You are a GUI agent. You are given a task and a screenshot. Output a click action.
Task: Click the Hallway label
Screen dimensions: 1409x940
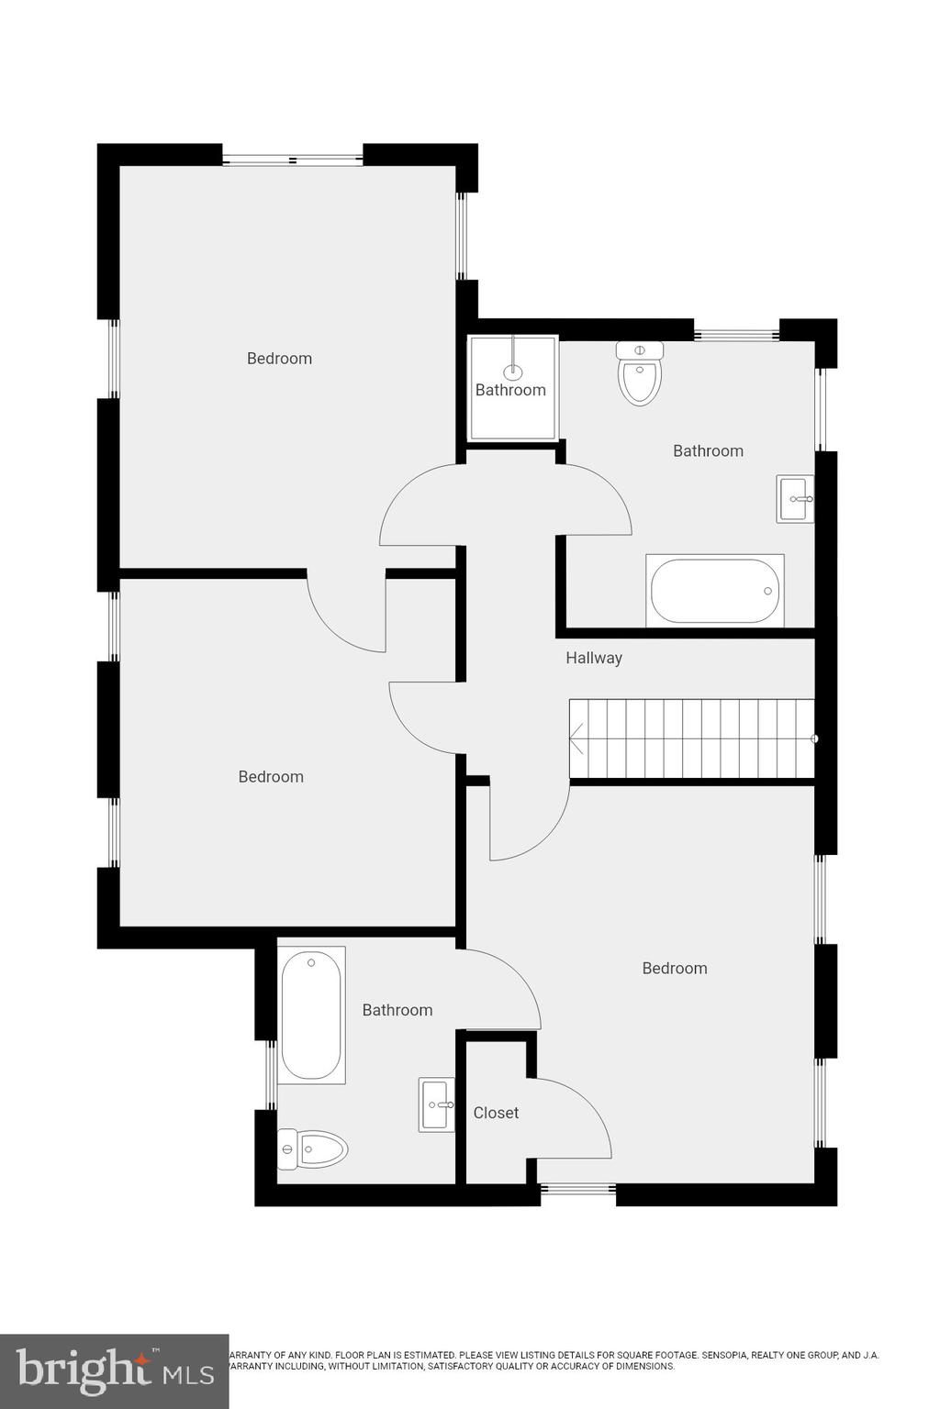[x=593, y=658]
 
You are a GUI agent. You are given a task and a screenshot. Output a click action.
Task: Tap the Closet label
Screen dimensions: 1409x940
[x=496, y=1113]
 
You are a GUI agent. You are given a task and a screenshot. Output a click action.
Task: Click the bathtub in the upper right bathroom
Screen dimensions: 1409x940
[x=715, y=591]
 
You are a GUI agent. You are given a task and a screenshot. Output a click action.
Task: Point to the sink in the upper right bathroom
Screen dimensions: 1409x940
[x=795, y=499]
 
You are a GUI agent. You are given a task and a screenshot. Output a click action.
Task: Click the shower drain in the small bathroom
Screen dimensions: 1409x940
[x=513, y=372]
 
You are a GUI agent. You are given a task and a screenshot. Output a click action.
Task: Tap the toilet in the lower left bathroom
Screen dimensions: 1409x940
[x=313, y=1148]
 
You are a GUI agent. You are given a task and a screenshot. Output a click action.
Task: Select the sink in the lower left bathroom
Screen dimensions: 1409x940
[x=437, y=1104]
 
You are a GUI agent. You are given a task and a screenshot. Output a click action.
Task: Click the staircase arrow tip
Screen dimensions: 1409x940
[x=574, y=737]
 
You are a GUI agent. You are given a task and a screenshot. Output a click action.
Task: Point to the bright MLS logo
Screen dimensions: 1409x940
[x=114, y=1370]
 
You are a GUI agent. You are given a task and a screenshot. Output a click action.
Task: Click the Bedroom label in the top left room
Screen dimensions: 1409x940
[x=279, y=359]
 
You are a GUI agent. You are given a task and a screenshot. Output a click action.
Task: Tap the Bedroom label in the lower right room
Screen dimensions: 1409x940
[x=674, y=969]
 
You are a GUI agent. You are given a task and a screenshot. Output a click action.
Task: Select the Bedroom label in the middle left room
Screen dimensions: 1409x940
[x=271, y=777]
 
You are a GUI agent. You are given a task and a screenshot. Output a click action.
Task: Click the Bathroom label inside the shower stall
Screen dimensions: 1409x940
[x=510, y=390]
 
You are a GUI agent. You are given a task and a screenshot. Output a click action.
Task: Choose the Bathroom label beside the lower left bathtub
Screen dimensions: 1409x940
[x=397, y=1010]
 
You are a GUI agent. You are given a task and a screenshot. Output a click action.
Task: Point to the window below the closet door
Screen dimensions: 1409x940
[x=577, y=1190]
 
